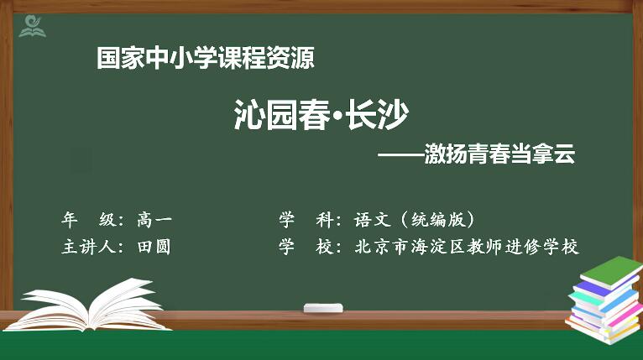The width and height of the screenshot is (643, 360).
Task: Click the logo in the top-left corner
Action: (x=32, y=26)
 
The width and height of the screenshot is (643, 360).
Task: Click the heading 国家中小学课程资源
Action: (x=206, y=58)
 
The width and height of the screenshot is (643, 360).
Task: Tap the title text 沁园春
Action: (x=282, y=114)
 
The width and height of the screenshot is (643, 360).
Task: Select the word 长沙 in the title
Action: (x=377, y=114)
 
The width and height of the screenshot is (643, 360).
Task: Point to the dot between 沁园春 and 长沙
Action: (x=338, y=116)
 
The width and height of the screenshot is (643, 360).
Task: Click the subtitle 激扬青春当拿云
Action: (x=499, y=154)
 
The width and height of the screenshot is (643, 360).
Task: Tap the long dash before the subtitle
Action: (x=400, y=155)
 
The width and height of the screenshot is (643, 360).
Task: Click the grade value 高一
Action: (x=154, y=220)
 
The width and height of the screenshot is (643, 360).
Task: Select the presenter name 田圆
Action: (x=154, y=247)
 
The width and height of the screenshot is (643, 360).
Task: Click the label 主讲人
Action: (x=88, y=247)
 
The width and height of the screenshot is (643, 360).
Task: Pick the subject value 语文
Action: (x=373, y=220)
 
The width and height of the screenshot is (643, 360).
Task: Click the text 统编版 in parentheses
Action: (x=438, y=220)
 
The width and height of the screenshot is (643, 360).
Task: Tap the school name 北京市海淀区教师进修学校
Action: (x=467, y=247)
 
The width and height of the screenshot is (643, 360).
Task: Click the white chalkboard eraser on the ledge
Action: (x=323, y=308)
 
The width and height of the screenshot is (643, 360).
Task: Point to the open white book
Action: (x=87, y=305)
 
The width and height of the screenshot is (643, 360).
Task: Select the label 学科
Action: (x=306, y=220)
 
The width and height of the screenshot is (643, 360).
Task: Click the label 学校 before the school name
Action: (x=306, y=247)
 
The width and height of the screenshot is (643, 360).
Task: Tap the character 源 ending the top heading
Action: (x=303, y=58)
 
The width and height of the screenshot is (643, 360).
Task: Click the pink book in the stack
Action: (x=625, y=315)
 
